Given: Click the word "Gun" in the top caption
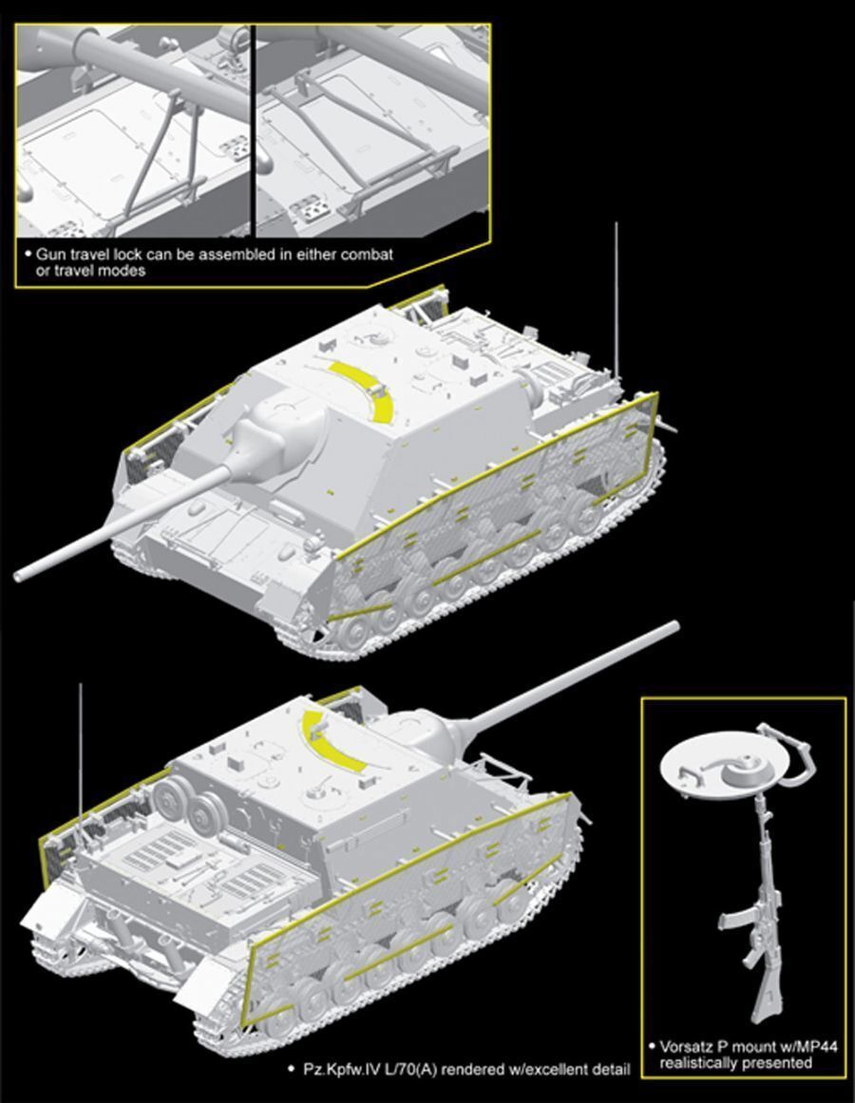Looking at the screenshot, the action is tap(49, 256).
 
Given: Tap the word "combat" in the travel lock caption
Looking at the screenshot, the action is tap(367, 256).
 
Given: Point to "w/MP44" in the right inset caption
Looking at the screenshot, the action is tap(812, 1047).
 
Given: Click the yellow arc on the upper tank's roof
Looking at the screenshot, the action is tap(367, 391).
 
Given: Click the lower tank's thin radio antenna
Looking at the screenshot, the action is tap(81, 760).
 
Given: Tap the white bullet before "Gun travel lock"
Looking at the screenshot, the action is tap(28, 255).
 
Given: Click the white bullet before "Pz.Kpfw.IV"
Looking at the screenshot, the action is tap(291, 1069).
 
